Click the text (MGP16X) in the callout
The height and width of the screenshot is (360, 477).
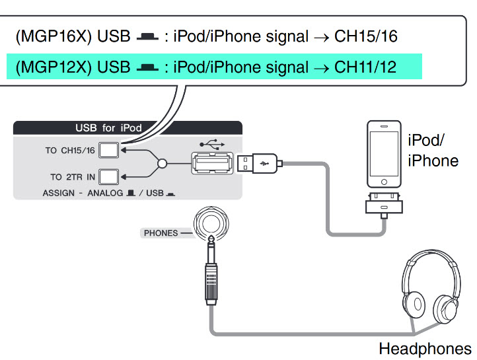[54, 36]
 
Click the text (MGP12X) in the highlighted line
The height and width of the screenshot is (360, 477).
[54, 67]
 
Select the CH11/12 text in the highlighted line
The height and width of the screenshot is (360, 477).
[366, 67]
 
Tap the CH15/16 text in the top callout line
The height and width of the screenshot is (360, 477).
[366, 36]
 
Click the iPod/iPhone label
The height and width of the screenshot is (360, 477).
[433, 150]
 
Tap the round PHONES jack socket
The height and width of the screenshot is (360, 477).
[209, 223]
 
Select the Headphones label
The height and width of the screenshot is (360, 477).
[425, 349]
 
